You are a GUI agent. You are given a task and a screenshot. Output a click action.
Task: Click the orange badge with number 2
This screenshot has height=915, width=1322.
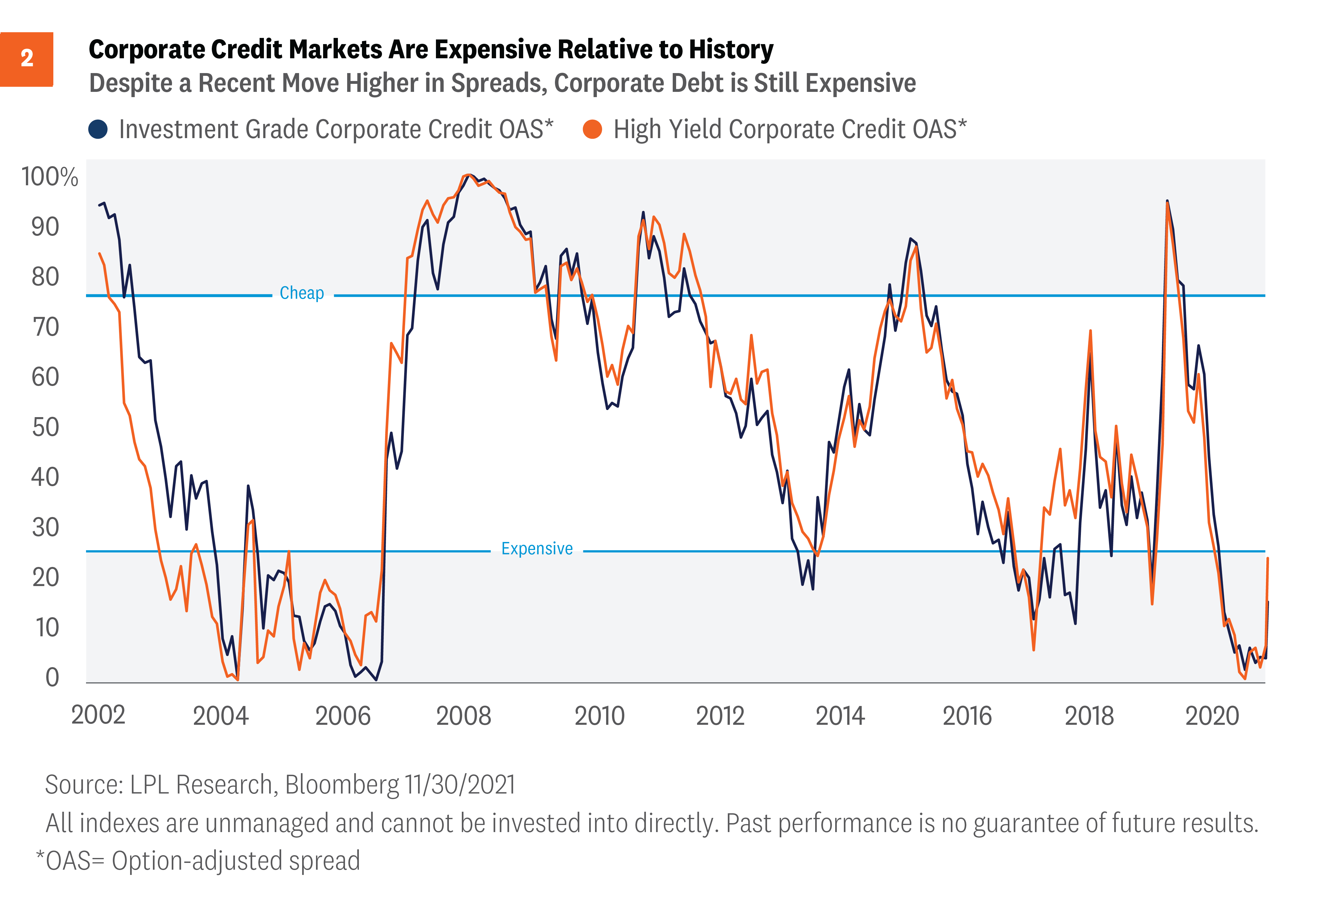(x=27, y=59)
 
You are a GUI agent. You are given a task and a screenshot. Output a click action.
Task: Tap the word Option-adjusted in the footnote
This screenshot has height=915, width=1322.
(x=196, y=861)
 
